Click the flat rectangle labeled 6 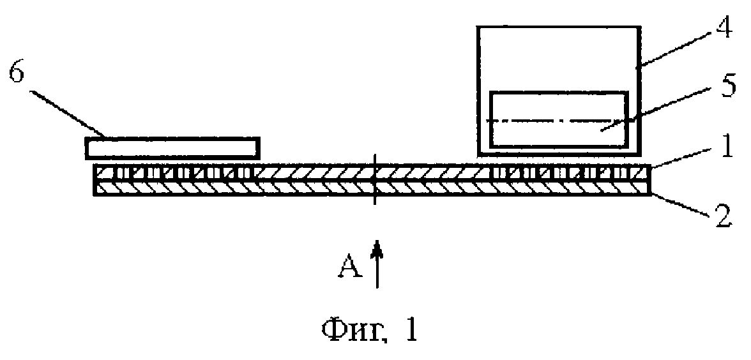point(172,148)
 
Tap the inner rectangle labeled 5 point(558,119)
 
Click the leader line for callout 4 point(676,51)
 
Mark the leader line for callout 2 point(681,205)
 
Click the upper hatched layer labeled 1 point(372,172)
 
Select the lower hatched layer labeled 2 point(372,188)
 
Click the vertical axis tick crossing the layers point(375,179)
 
